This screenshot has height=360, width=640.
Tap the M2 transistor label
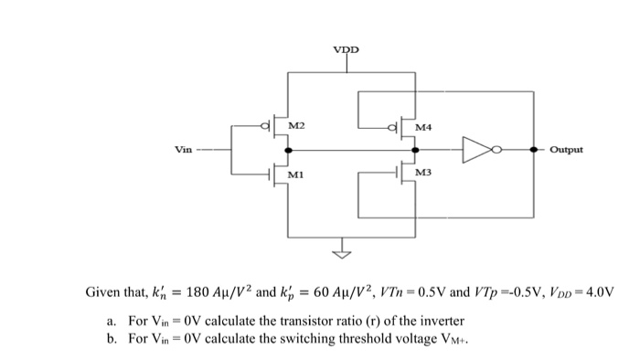[x=297, y=124]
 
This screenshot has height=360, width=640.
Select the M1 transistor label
[x=296, y=174]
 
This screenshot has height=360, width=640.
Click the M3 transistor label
[x=423, y=173]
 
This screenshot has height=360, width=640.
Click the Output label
[x=568, y=149]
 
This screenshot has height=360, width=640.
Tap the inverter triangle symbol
[x=477, y=149]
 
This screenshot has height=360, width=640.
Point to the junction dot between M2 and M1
[x=289, y=149]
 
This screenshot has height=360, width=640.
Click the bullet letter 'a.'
[x=112, y=321]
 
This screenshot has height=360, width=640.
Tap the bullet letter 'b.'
[x=112, y=338]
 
